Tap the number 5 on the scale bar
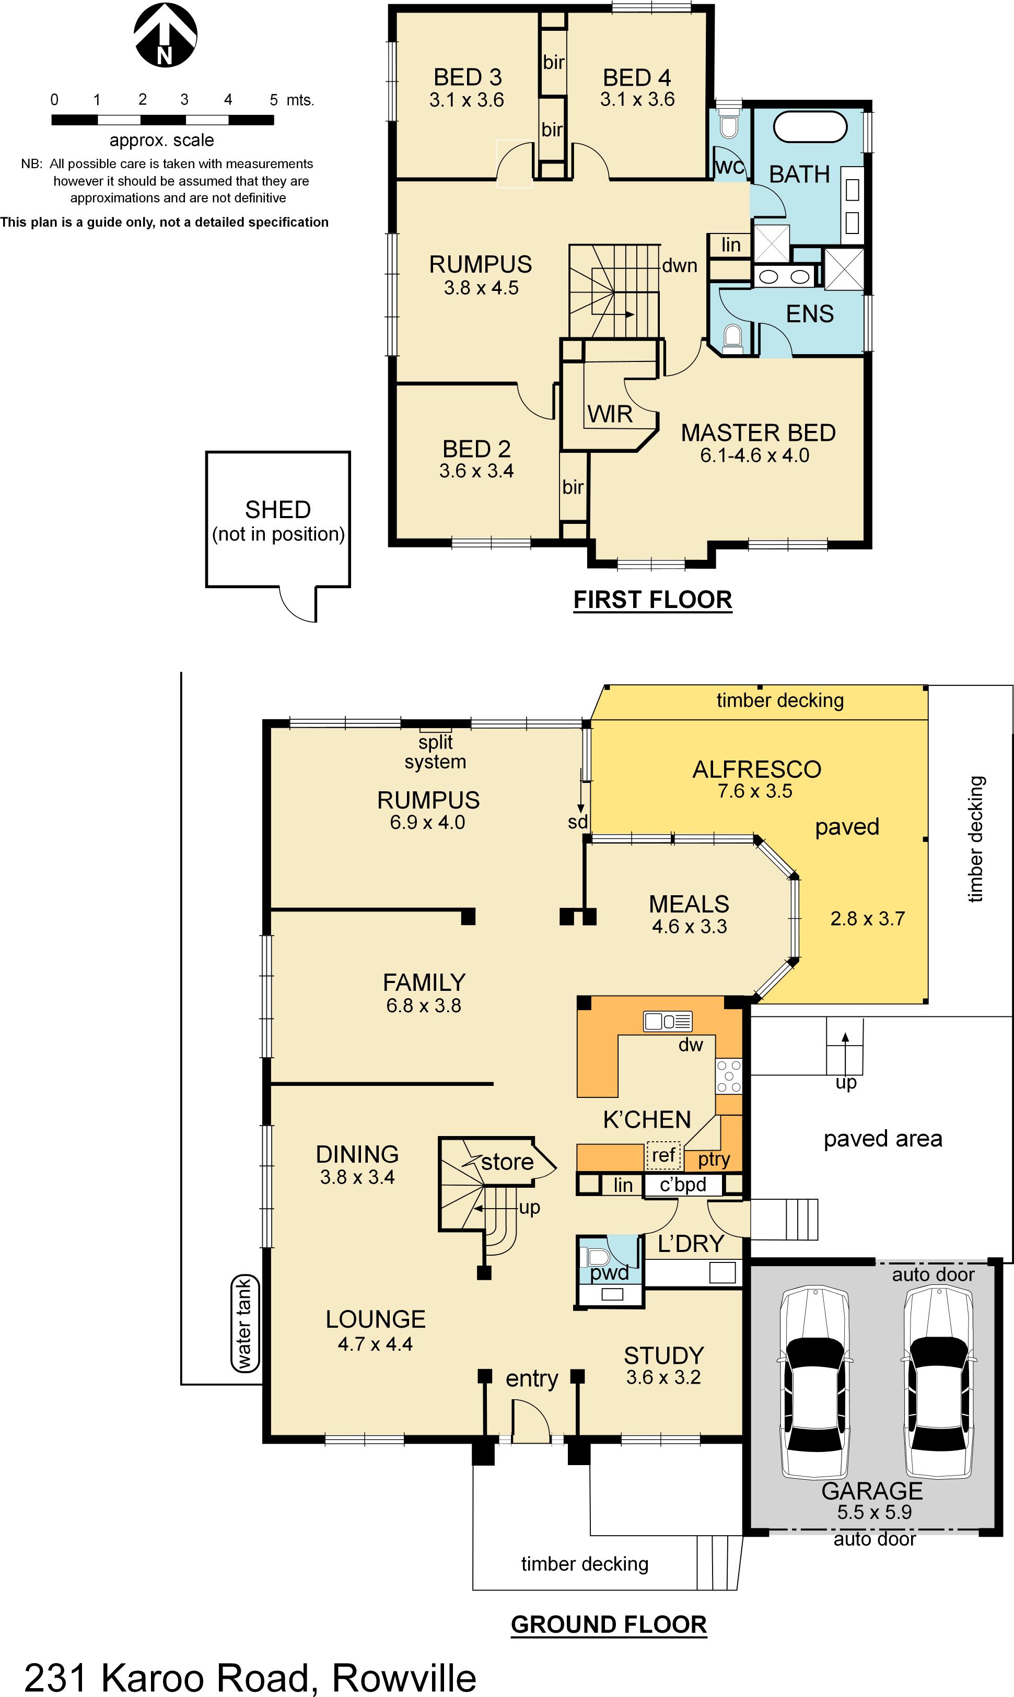click(x=273, y=100)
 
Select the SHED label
click(x=277, y=510)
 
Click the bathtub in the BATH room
click(x=810, y=127)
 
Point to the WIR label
click(x=610, y=414)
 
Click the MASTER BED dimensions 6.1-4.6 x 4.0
click(x=754, y=455)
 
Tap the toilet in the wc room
click(x=729, y=126)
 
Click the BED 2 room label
click(x=476, y=449)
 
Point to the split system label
click(x=435, y=752)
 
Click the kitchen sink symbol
click(x=668, y=1021)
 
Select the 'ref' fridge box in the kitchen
click(x=663, y=1155)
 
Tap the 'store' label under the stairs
click(x=507, y=1162)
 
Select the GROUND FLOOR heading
click(x=608, y=1624)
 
